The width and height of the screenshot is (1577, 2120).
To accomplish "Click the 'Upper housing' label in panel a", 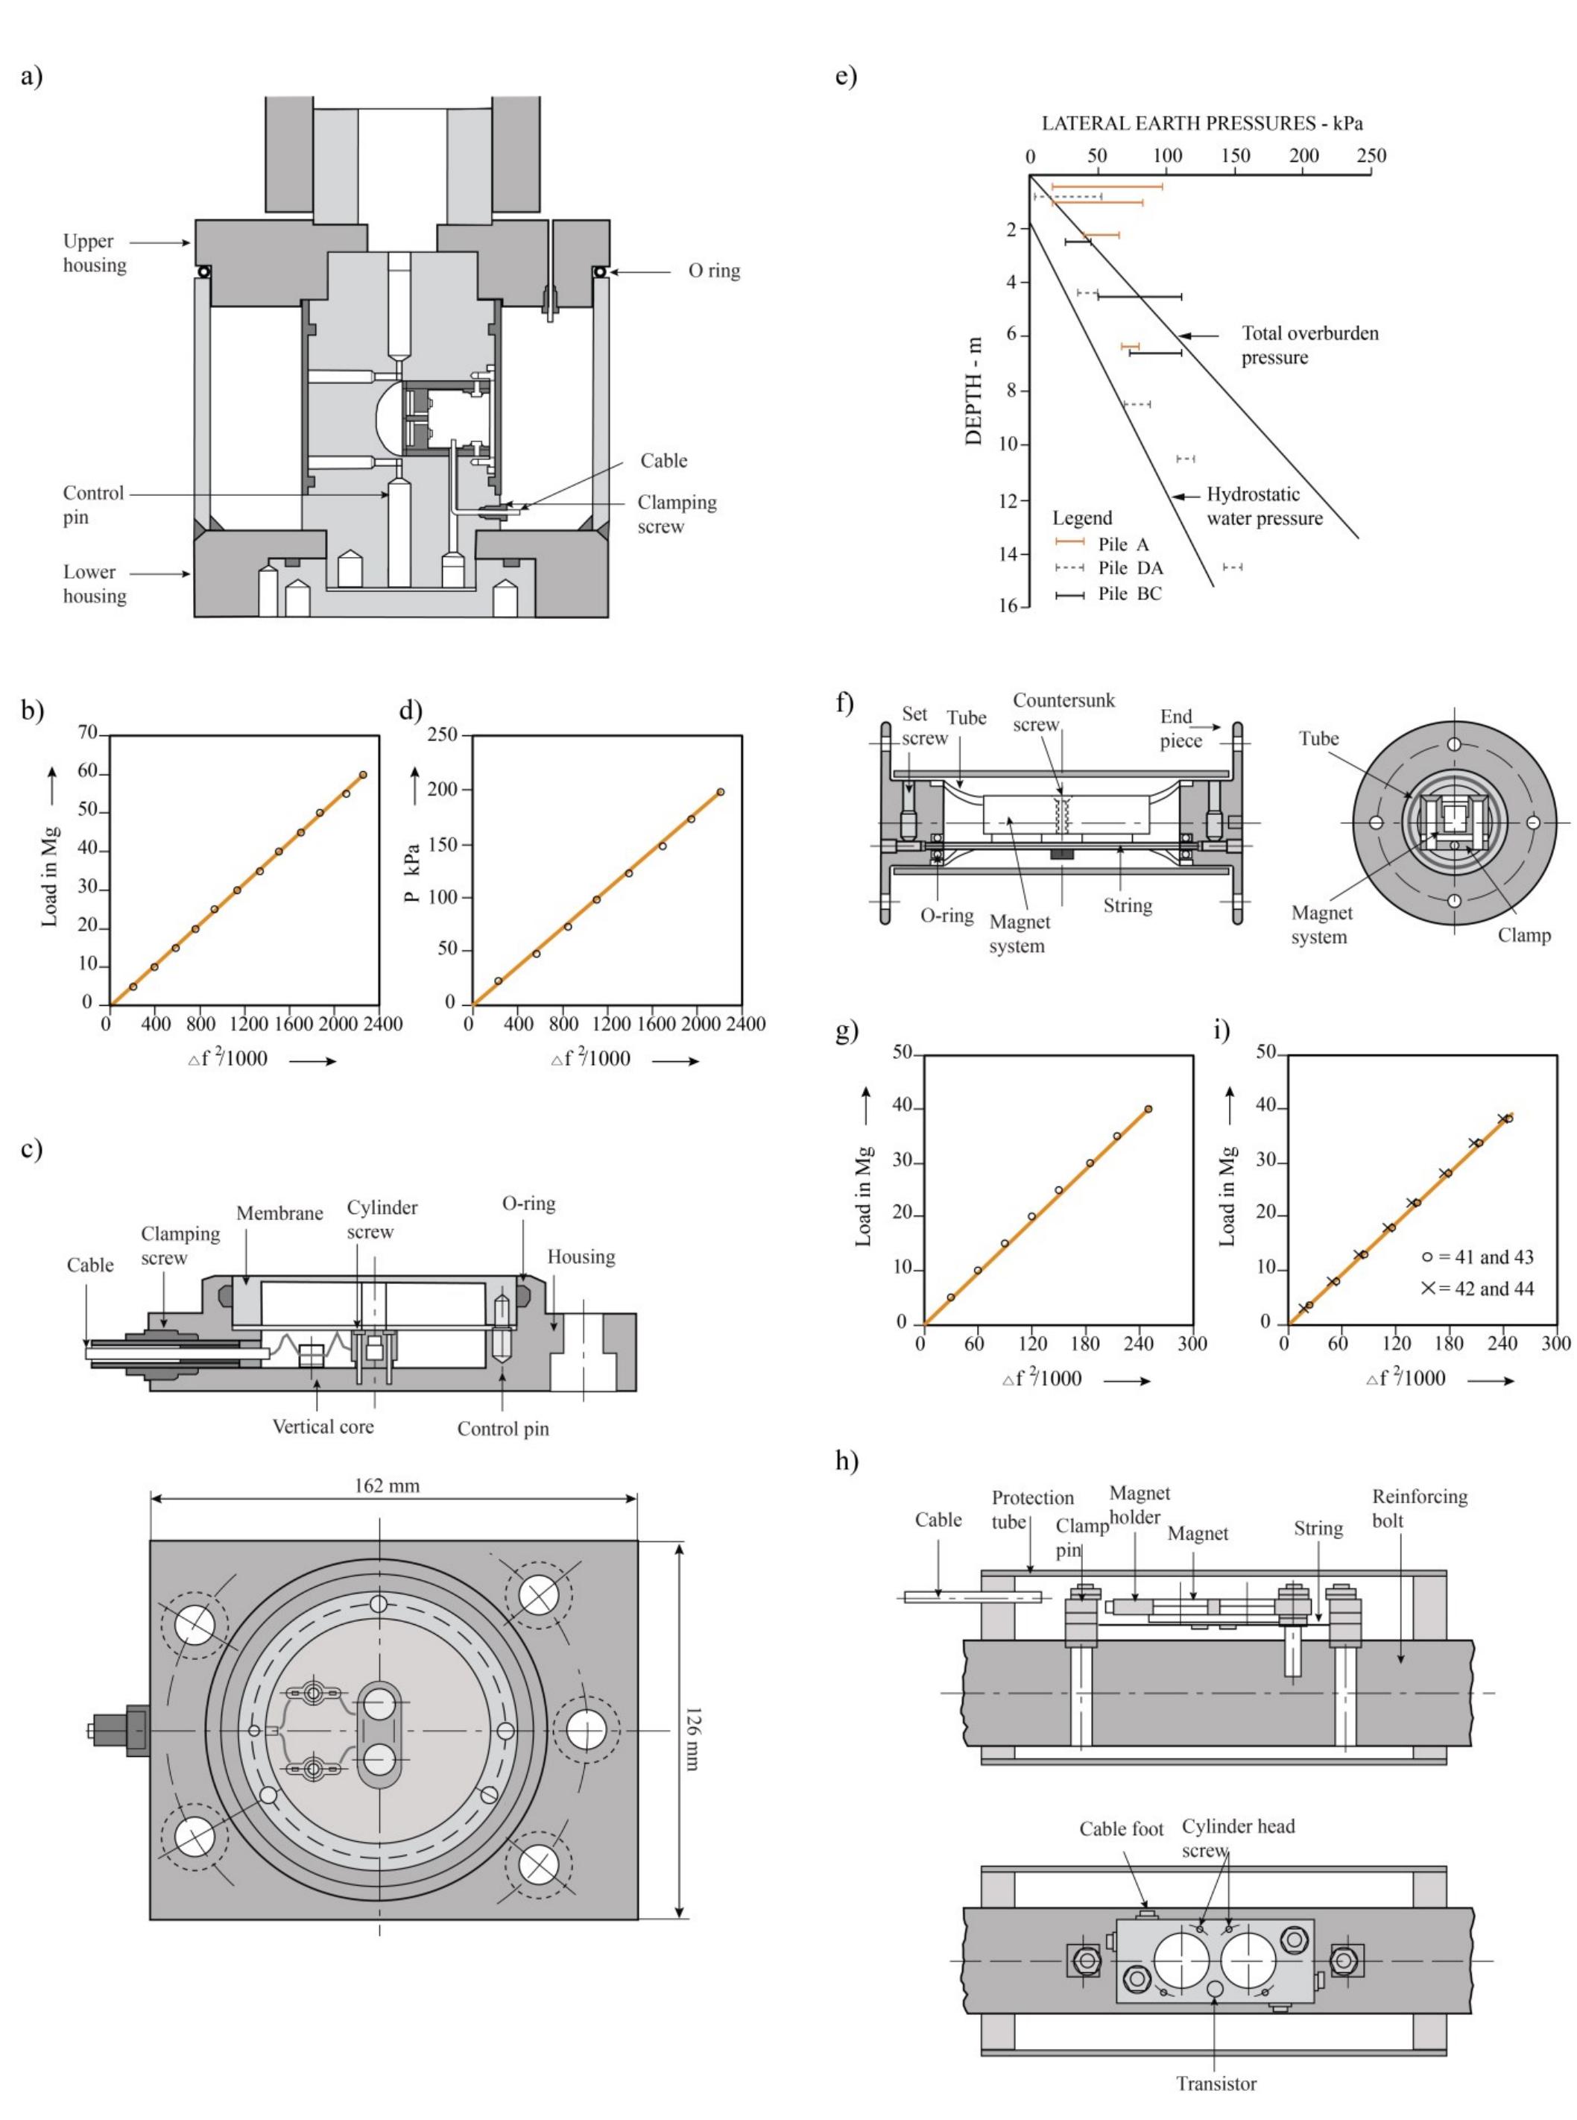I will [95, 253].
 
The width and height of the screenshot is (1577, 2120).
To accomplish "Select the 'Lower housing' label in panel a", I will [95, 583].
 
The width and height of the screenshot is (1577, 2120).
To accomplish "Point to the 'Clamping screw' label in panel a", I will [676, 514].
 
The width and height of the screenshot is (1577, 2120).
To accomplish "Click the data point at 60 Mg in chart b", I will [363, 775].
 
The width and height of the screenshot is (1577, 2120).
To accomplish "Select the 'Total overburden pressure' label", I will [1309, 345].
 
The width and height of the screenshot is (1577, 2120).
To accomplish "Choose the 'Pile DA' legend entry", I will [1129, 568].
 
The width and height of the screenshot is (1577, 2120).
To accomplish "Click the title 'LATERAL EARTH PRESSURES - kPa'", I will [1202, 123].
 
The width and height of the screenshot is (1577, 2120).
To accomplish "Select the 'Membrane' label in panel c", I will [279, 1214].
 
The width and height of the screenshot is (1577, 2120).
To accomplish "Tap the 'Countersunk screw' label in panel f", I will [1063, 712].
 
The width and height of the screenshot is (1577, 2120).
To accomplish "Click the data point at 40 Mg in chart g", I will [1148, 1109].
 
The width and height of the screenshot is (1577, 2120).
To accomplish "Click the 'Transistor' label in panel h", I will [1216, 2083].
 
